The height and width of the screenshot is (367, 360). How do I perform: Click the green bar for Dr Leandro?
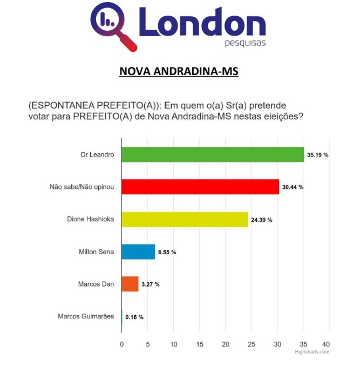(213, 154)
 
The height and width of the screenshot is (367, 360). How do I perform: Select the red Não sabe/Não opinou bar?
(200, 187)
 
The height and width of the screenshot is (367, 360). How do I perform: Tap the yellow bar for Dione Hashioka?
(185, 219)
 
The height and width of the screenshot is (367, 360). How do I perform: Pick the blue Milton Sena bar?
(138, 252)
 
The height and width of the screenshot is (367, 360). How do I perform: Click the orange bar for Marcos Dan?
(130, 284)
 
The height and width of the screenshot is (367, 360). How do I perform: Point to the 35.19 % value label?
(318, 155)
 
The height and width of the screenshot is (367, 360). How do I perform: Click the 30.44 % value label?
(293, 187)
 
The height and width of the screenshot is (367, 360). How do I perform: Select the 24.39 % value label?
(262, 220)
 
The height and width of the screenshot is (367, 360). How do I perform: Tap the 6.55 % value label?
(167, 252)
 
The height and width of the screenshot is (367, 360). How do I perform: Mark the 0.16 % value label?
(134, 317)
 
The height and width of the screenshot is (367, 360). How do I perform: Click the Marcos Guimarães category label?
(86, 316)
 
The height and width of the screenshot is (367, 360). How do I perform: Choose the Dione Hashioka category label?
(91, 219)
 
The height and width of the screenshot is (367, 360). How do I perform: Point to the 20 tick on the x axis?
(226, 344)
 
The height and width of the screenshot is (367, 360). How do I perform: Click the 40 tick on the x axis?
(326, 344)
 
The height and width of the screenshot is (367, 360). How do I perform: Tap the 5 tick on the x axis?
(148, 344)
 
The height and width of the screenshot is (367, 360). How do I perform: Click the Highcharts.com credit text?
(312, 352)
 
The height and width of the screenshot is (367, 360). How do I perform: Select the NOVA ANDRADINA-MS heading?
(179, 71)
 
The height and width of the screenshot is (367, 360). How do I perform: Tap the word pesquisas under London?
(245, 43)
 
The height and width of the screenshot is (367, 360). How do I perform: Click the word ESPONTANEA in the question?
(63, 106)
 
